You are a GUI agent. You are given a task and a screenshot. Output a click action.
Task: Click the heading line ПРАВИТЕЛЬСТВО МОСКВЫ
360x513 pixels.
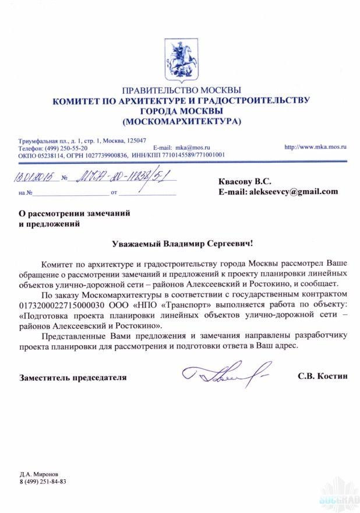(181, 90)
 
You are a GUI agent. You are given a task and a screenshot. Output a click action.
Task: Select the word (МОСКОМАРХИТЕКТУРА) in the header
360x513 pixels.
(181, 121)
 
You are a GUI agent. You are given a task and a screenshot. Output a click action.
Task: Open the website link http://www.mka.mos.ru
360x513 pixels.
(315, 148)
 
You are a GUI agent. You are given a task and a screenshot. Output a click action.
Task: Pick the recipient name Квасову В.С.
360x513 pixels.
(245, 181)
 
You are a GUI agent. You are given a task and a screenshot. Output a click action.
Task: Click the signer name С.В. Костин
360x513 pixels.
(322, 377)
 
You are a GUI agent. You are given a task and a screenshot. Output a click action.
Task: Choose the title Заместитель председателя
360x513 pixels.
(73, 377)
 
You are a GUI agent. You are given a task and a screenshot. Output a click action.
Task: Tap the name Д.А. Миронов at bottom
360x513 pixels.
(38, 474)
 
